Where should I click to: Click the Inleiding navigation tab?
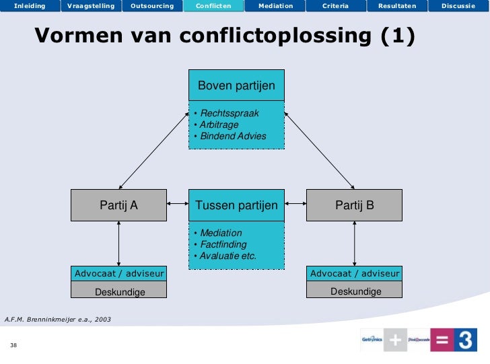[30, 6]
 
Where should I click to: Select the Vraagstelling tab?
[91, 6]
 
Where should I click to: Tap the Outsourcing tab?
[152, 6]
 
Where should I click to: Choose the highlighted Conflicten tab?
[213, 6]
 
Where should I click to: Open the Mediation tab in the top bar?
[275, 6]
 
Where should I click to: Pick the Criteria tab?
[335, 6]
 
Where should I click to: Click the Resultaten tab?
[397, 6]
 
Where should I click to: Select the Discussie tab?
[458, 6]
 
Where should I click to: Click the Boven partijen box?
[236, 86]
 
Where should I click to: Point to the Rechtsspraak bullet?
[230, 113]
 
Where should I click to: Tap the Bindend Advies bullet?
[233, 136]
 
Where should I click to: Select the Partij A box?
[119, 205]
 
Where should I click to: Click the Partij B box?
[355, 205]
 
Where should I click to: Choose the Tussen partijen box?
[236, 205]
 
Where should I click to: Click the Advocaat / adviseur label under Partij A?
[119, 274]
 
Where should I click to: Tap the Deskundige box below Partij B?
[355, 291]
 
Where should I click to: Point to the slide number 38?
[13, 345]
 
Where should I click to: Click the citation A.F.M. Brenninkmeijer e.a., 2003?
[58, 318]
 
